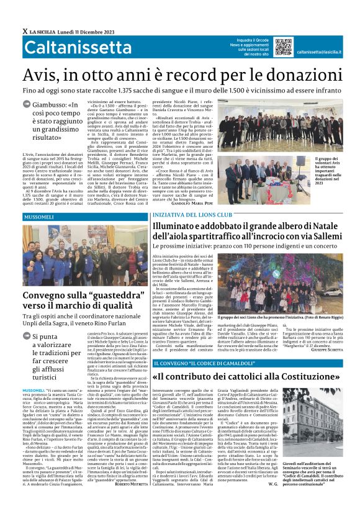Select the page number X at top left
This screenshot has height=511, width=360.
point(24,30)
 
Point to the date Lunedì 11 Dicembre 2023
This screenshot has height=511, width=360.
point(84,30)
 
